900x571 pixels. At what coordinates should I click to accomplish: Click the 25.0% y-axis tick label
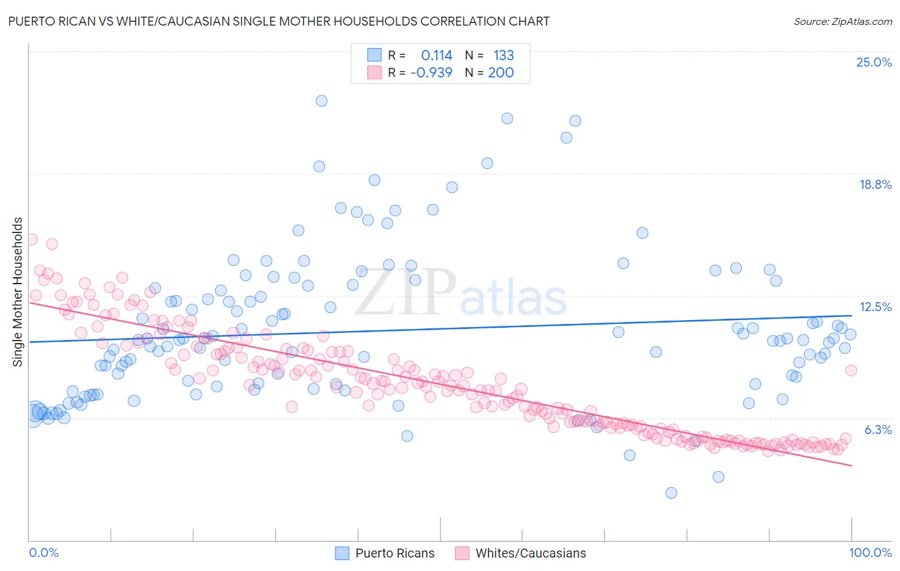pos(874,62)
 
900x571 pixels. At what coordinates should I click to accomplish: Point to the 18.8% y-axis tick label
pos(875,184)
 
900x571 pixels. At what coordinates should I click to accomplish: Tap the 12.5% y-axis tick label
pos(875,307)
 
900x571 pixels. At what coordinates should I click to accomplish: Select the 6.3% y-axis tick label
pos(878,430)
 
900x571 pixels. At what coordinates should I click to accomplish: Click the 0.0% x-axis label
pos(44,552)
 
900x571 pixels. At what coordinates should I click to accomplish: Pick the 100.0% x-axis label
pos(870,552)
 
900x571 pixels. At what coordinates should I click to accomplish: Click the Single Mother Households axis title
pos(18,292)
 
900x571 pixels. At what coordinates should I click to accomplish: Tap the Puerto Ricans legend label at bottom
pos(394,553)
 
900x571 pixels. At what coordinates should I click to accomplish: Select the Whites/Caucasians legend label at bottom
pos(530,553)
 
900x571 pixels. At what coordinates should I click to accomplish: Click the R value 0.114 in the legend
pos(436,56)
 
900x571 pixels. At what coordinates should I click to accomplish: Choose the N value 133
pos(503,56)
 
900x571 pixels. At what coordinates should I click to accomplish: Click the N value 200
pos(501,73)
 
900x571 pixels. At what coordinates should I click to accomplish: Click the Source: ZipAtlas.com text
pos(842,22)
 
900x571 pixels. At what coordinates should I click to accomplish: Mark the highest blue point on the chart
pos(321,101)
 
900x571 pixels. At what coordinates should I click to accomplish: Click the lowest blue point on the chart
pos(671,493)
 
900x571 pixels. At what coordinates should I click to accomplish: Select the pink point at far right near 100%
pos(851,370)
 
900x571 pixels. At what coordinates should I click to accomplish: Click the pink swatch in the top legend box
pos(374,72)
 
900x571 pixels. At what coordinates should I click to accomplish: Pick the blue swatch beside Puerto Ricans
pos(342,553)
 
